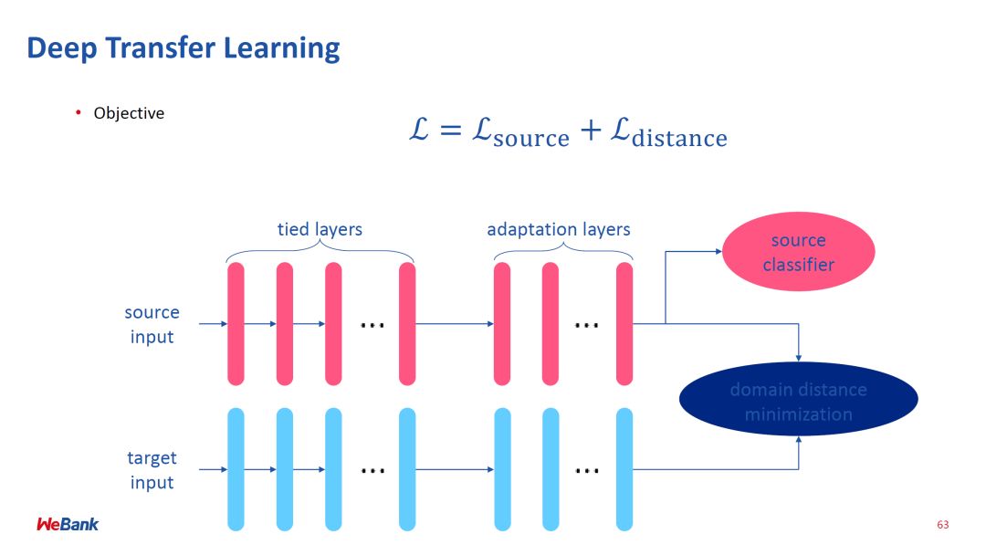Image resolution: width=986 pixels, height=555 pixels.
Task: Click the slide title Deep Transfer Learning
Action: coord(184,47)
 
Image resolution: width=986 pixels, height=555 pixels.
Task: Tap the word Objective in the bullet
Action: coord(129,113)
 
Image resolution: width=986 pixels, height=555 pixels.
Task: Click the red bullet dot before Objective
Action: coord(79,112)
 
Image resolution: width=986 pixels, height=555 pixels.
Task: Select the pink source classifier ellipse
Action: coord(798,252)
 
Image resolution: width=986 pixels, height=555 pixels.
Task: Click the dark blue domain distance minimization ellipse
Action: coord(798,402)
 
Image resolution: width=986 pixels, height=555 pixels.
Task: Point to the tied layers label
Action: coord(320,229)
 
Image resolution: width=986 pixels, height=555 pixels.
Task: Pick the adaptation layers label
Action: coord(558,229)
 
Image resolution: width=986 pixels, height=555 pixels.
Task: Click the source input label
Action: coord(152,324)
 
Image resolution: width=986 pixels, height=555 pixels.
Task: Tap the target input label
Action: coord(152,469)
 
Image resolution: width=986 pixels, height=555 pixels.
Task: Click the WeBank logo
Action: coord(68,524)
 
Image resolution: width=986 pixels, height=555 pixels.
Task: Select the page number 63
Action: coord(943,525)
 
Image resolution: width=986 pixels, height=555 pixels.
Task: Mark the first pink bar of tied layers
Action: coord(236,323)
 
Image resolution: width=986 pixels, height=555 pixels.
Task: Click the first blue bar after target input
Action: coord(236,469)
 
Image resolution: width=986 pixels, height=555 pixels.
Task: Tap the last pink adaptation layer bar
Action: coord(624,323)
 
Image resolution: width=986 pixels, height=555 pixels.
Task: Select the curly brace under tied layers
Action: coord(320,253)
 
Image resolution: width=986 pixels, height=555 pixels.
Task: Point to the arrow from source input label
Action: coord(212,323)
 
